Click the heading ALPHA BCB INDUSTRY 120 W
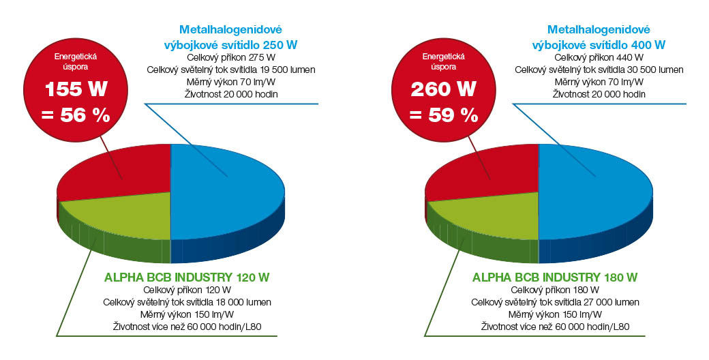coord(187,277)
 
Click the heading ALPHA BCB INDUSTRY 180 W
coord(555,277)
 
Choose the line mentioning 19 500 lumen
coord(230,70)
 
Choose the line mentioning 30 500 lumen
coord(599,70)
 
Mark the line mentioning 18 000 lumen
coord(187,302)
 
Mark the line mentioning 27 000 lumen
coord(555,302)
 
